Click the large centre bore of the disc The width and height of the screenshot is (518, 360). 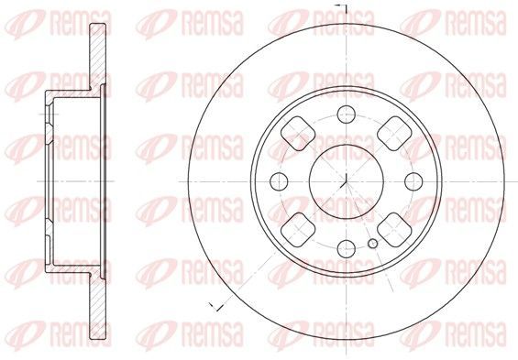tap(347, 181)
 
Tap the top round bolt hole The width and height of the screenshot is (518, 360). tap(347, 115)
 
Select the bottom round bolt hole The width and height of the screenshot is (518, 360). tap(347, 248)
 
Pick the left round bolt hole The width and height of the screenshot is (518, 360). tap(279, 181)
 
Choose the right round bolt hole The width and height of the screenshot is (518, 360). tap(413, 181)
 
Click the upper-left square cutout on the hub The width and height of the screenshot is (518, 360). tap(298, 134)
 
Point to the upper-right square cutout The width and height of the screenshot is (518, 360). tap(394, 134)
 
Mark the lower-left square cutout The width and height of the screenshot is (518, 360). tap(298, 230)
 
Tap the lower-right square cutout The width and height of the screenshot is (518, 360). tap(394, 230)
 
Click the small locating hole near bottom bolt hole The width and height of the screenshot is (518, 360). tap(372, 244)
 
